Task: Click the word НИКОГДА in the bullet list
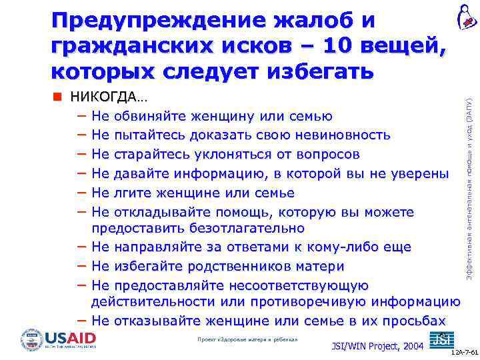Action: click(x=105, y=97)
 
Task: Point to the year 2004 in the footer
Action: click(x=411, y=346)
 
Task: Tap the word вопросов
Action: click(x=326, y=155)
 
